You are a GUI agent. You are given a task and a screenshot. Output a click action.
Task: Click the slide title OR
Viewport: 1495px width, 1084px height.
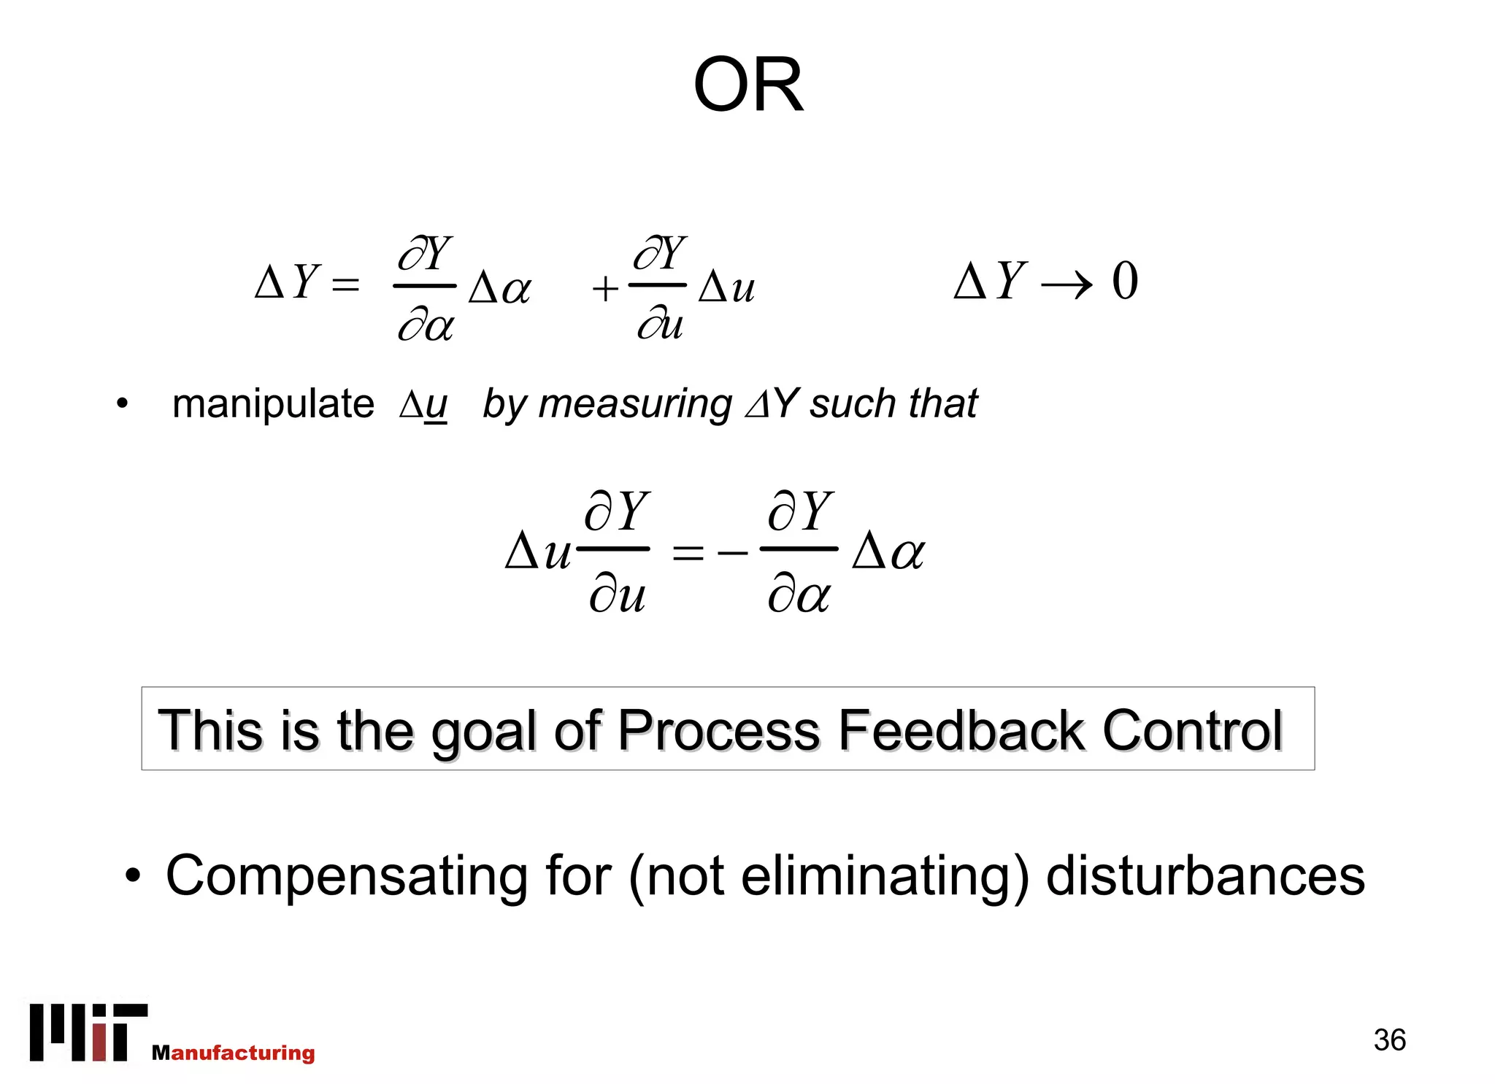click(748, 86)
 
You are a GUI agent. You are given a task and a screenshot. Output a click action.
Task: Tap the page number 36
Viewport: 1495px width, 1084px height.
click(1389, 1040)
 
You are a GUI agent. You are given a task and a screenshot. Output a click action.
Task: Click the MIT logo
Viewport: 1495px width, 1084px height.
click(88, 1031)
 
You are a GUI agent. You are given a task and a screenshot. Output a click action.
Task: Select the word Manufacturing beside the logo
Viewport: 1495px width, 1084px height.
click(234, 1053)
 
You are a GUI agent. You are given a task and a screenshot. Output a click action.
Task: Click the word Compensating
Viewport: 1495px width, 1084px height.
click(346, 877)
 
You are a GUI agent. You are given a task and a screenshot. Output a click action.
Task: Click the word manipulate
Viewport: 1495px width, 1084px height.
click(273, 405)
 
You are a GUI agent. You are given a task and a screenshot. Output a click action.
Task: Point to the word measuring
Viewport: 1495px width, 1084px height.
click(635, 405)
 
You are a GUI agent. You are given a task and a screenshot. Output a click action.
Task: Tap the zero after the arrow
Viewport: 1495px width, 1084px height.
click(1124, 281)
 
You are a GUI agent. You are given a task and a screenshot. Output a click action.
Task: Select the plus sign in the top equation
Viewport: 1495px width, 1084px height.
click(605, 289)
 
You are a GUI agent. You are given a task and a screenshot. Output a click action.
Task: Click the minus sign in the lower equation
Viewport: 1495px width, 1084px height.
click(732, 554)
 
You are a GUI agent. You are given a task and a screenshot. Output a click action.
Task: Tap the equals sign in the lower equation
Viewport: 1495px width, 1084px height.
click(688, 554)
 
